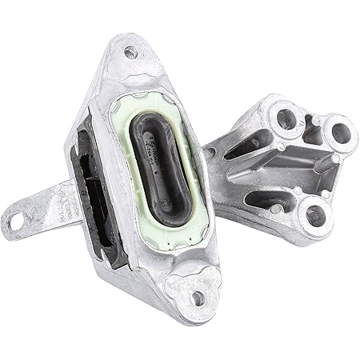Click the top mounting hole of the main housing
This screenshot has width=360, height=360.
point(130,53)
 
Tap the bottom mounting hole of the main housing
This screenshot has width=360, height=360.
point(197,298)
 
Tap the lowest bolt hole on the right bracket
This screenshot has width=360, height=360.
point(314,213)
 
